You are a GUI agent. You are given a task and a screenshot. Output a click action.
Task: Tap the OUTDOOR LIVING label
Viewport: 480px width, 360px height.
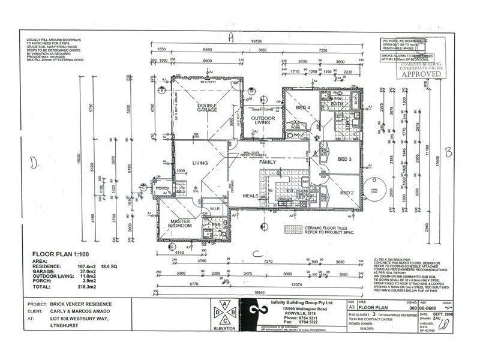(x=263, y=122)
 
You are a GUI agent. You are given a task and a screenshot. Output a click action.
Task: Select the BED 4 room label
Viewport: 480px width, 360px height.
(x=302, y=108)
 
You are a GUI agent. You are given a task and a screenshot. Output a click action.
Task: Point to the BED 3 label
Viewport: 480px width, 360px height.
(x=344, y=159)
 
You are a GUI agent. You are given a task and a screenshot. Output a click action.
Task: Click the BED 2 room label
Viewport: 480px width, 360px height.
(x=347, y=193)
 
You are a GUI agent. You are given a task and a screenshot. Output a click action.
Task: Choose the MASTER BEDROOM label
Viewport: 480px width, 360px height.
(x=180, y=223)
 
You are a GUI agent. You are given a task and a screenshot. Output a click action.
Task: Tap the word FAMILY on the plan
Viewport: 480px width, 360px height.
(x=267, y=163)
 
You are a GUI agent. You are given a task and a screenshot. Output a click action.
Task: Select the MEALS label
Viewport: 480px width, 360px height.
(x=250, y=196)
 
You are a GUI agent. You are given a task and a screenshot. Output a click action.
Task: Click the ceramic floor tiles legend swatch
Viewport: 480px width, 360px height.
(x=293, y=229)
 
